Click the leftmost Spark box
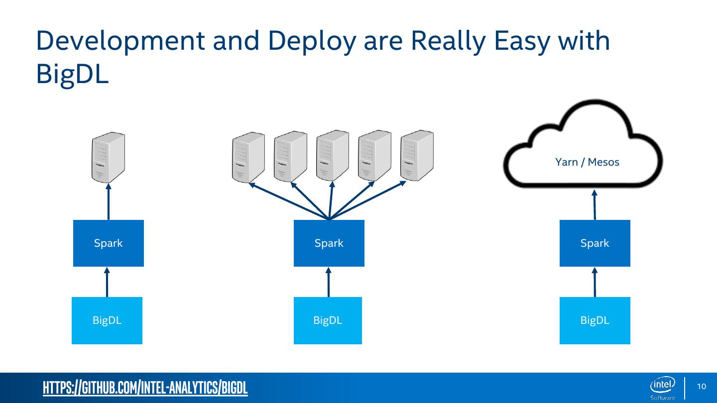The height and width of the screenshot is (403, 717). tap(109, 243)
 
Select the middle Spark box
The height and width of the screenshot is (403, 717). tap(329, 243)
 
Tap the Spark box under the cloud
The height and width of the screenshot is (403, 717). tap(595, 243)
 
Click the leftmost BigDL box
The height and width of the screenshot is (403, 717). tap(107, 320)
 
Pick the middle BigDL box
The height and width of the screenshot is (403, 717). tap(328, 320)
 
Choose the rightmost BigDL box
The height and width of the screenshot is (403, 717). tap(595, 320)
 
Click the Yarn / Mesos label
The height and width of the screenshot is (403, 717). tap(587, 162)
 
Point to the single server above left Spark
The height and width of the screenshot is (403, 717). tap(108, 157)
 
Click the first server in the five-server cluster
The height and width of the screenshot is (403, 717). tap(248, 157)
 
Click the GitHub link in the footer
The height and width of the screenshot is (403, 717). tap(145, 388)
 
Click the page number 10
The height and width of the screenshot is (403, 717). tap(702, 387)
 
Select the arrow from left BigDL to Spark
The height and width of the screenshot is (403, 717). tap(108, 282)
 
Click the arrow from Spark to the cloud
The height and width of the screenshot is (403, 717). tap(595, 204)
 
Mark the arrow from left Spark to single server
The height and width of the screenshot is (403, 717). tap(109, 201)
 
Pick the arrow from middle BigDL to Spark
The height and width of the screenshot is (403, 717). tap(328, 282)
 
